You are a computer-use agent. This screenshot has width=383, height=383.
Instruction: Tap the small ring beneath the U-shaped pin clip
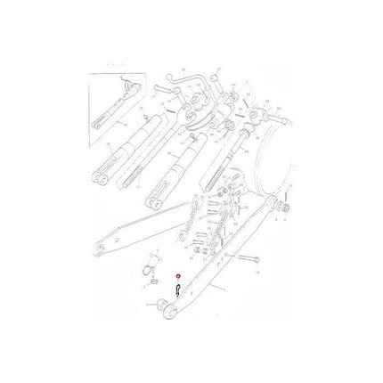coord(151,283)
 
